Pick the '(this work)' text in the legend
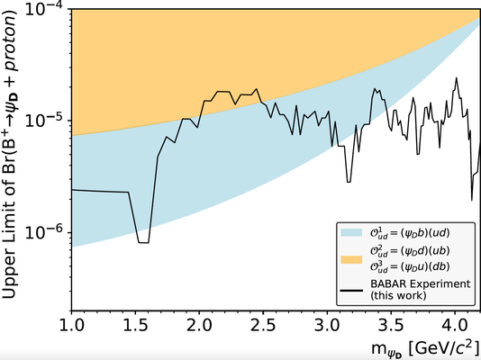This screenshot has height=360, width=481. [402, 294]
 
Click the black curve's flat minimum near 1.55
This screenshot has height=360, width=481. [143, 242]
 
